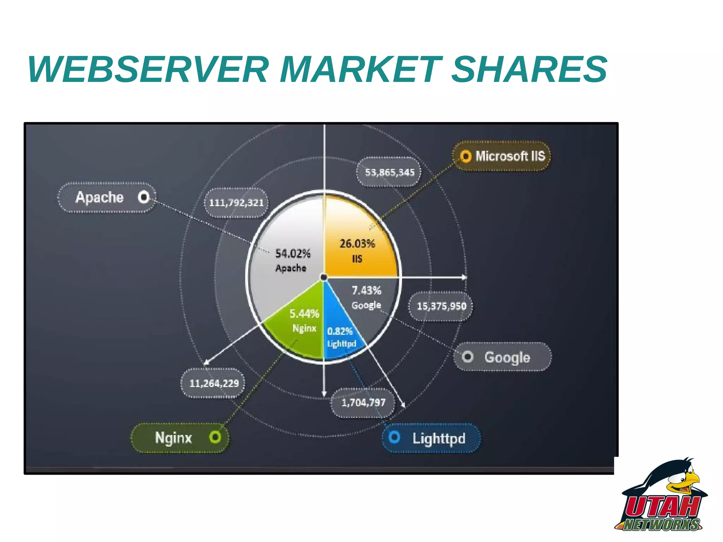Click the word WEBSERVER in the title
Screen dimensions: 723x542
click(148, 70)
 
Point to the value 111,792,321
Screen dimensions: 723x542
click(236, 203)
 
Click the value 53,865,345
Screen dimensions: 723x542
click(389, 172)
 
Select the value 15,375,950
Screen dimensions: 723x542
click(441, 306)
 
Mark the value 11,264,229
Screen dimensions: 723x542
click(214, 383)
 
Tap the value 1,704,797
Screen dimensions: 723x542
click(363, 402)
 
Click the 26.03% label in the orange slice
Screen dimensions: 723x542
click(357, 244)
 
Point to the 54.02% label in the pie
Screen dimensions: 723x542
click(293, 254)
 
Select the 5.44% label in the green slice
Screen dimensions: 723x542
click(304, 314)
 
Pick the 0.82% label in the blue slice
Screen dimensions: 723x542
click(340, 331)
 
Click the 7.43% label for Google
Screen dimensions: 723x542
click(366, 291)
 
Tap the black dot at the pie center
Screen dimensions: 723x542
click(324, 278)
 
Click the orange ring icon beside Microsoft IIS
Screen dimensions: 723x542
click(465, 156)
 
